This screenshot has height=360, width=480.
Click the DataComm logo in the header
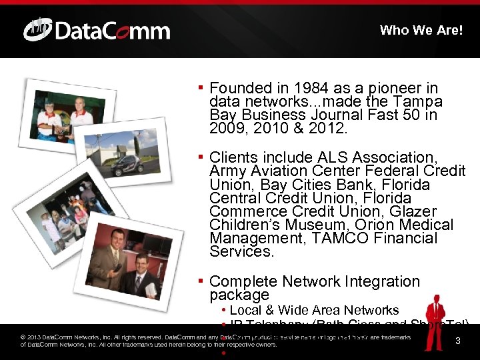coord(97,30)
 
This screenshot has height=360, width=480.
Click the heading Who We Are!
coord(421,30)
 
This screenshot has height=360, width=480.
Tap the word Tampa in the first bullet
coord(418,101)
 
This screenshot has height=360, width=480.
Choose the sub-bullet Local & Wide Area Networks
coord(313,310)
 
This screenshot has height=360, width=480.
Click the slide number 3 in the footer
coord(457,341)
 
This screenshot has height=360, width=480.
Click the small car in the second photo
coord(126,164)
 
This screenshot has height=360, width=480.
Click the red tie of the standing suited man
coord(115,257)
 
